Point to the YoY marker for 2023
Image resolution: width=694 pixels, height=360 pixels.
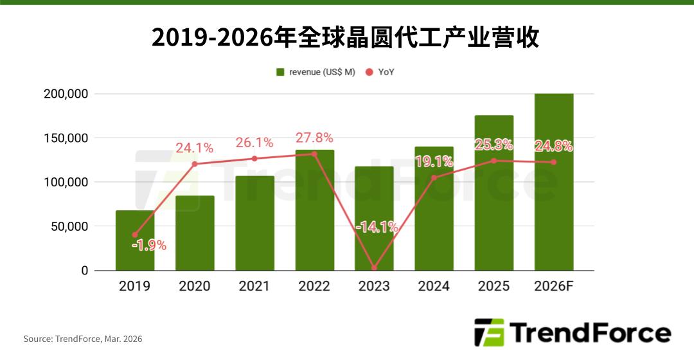374,268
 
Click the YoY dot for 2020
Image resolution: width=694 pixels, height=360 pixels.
195,164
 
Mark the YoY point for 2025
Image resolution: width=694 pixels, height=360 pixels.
494,161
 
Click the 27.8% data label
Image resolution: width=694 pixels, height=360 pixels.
314,138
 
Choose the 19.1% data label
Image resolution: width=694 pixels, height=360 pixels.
434,162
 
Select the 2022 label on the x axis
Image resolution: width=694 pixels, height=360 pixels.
314,286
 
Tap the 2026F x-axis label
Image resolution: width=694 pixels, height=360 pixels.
553,286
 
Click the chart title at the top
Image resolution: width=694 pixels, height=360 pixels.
346,37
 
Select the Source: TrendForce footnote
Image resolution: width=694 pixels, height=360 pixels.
83,339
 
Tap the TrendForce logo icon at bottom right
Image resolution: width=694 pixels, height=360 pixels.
489,333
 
